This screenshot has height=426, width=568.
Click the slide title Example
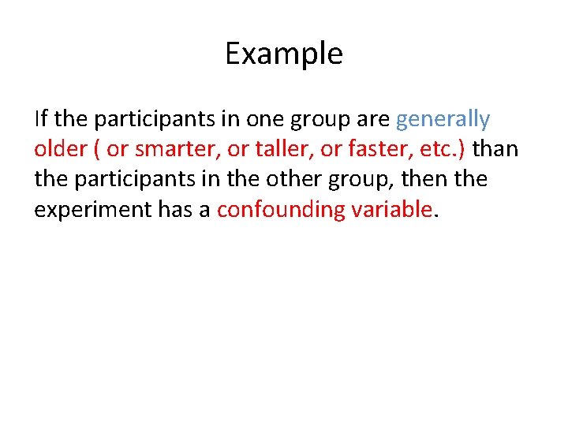[x=283, y=54]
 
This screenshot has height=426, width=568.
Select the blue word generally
[x=443, y=120]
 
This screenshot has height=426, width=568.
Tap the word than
[x=495, y=149]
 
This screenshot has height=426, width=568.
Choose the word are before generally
[x=375, y=120]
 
